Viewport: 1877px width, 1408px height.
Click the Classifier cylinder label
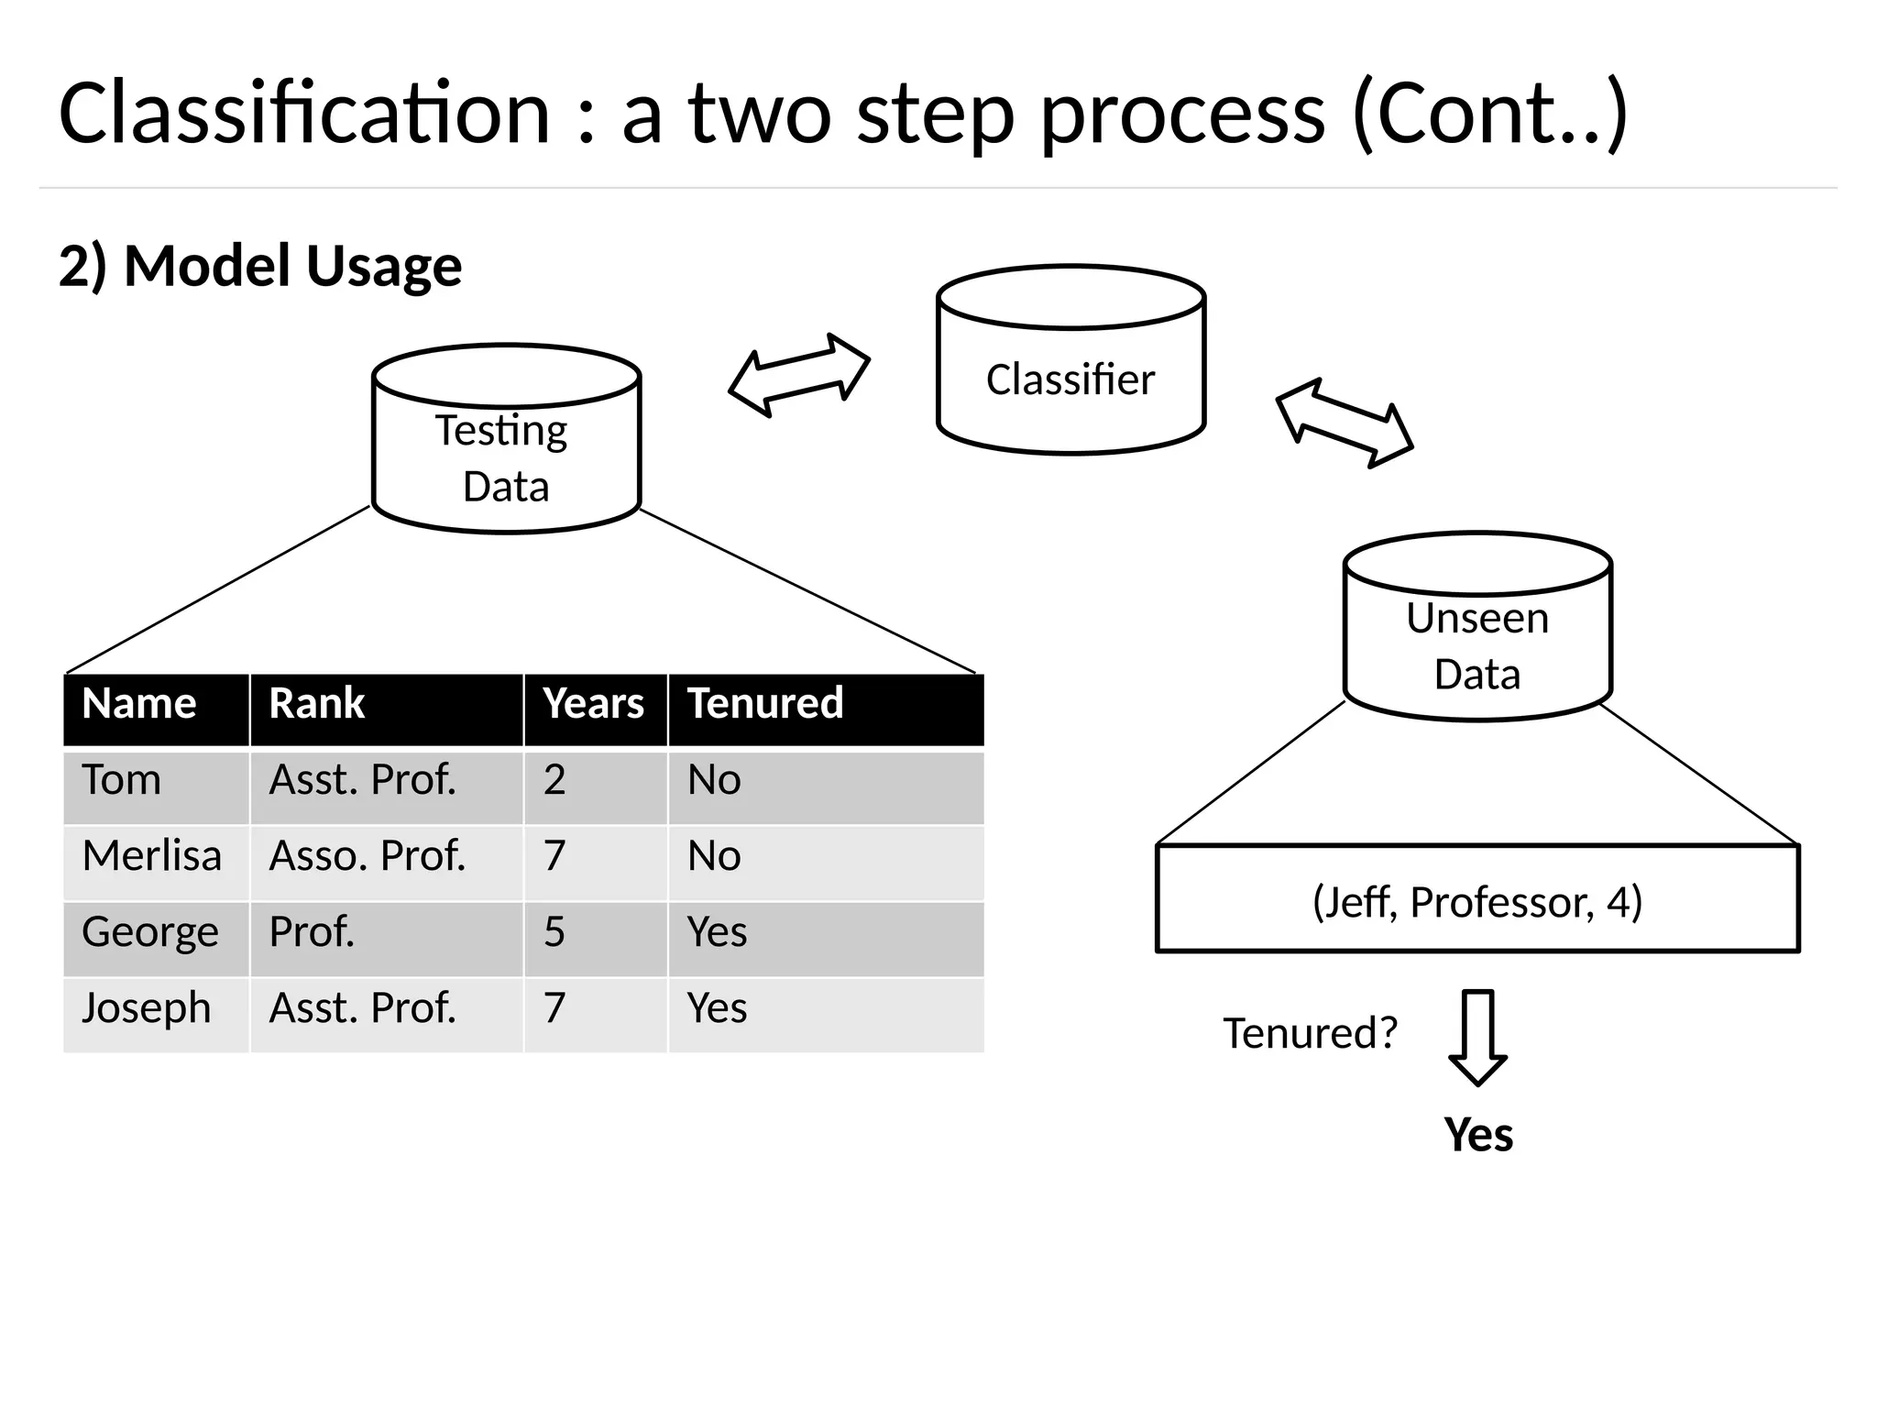[x=1070, y=379]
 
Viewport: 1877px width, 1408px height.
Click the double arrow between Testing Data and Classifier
[x=799, y=375]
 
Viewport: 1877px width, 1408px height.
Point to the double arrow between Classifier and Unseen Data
[x=1345, y=423]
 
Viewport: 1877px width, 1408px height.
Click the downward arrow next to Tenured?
[x=1477, y=1037]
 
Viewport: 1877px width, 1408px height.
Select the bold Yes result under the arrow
[x=1477, y=1135]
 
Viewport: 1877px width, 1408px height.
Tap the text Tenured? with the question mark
[x=1310, y=1033]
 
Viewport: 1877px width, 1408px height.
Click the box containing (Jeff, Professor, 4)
[x=1476, y=899]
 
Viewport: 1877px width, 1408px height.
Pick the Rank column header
[x=317, y=704]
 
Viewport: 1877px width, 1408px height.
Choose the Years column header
[x=593, y=704]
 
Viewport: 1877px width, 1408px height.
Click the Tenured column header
[x=765, y=704]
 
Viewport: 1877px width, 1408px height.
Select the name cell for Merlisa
[x=152, y=856]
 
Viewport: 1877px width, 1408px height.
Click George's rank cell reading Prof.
[x=312, y=932]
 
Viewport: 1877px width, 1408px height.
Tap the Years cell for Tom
[x=554, y=780]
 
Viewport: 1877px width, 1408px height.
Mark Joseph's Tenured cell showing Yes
[x=717, y=1008]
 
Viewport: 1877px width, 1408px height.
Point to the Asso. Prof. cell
[x=368, y=856]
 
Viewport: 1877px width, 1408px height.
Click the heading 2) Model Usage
[x=260, y=266]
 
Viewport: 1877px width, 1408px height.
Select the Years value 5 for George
[x=554, y=932]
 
